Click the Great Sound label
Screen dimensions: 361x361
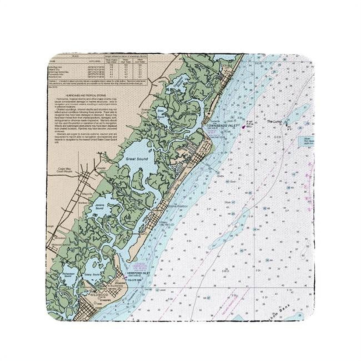point(137,159)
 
